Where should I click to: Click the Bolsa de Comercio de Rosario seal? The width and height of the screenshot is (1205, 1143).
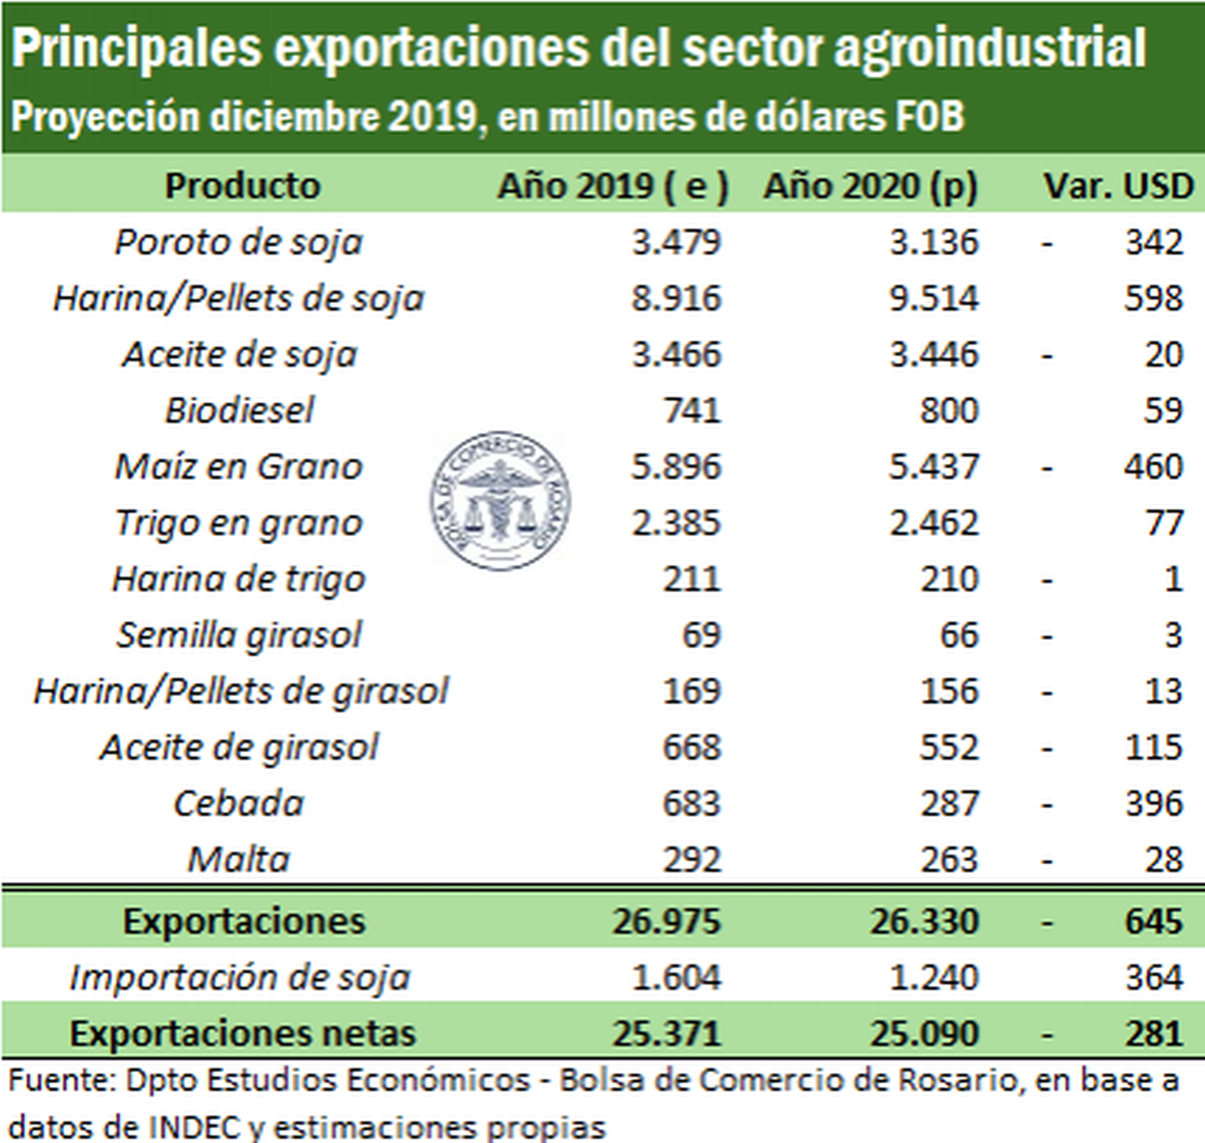(x=500, y=501)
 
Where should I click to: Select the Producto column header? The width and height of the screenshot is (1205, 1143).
(x=242, y=186)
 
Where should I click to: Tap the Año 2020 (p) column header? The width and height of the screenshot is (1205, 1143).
(x=870, y=186)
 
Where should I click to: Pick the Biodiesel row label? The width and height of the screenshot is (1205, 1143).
(x=239, y=410)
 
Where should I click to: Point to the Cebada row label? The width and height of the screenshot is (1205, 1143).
(x=239, y=804)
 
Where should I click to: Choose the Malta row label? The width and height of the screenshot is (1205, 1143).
(x=239, y=859)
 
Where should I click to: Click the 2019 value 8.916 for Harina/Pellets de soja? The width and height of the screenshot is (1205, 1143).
(x=676, y=298)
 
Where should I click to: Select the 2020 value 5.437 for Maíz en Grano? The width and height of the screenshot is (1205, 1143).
(x=933, y=467)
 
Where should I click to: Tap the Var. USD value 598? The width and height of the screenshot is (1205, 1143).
(x=1154, y=298)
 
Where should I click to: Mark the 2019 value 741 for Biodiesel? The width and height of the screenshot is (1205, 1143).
(x=692, y=410)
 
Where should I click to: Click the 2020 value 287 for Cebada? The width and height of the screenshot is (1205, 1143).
(x=949, y=804)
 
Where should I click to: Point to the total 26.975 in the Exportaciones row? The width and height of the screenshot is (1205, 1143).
(x=667, y=921)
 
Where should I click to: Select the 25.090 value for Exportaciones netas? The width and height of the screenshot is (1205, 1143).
(x=924, y=1033)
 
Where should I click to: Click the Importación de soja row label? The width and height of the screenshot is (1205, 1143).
(x=239, y=977)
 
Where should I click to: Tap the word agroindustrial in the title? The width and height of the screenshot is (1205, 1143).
(x=990, y=48)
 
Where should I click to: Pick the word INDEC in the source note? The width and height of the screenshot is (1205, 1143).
(x=195, y=1127)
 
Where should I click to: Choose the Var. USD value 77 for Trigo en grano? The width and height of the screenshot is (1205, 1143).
(x=1164, y=523)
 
